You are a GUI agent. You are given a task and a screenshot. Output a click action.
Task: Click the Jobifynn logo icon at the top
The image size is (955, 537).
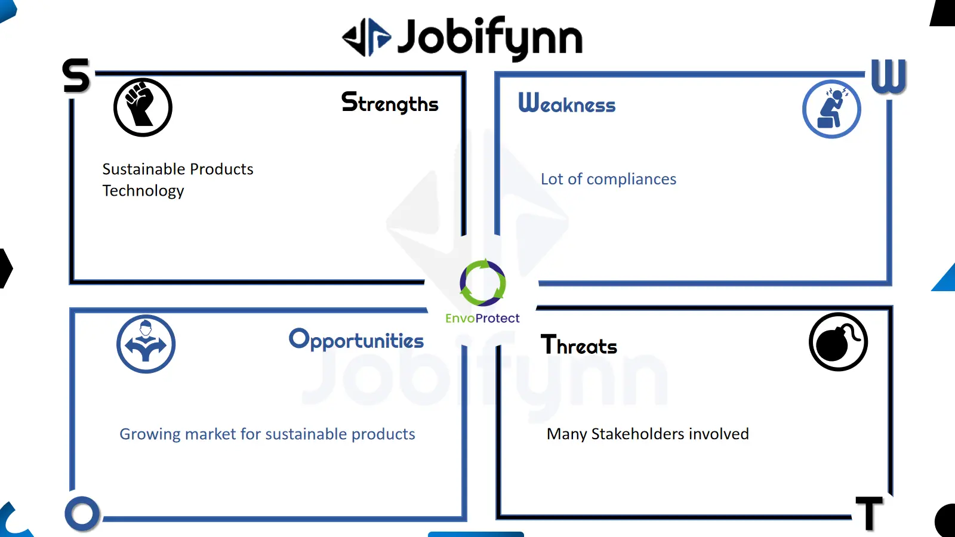(x=366, y=38)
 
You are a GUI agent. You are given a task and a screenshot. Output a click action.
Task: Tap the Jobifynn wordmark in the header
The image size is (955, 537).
(x=490, y=38)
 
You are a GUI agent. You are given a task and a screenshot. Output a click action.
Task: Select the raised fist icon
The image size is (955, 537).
(x=143, y=107)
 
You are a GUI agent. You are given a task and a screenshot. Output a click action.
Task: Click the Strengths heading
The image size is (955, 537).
(x=390, y=103)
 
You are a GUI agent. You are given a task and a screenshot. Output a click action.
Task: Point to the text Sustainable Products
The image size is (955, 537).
(x=178, y=169)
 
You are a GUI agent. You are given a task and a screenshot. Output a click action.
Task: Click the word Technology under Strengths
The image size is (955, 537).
(x=143, y=191)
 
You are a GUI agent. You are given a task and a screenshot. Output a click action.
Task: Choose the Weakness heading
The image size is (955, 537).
(x=566, y=103)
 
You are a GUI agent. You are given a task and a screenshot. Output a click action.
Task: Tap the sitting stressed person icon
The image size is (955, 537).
(x=831, y=109)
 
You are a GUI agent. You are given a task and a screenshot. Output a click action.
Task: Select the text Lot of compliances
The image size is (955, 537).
(x=608, y=179)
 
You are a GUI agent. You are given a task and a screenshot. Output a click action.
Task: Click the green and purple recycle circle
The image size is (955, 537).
(x=483, y=283)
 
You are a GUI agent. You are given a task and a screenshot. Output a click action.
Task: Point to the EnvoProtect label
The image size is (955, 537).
(x=482, y=319)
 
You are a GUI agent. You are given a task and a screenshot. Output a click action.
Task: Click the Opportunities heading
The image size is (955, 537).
(x=356, y=340)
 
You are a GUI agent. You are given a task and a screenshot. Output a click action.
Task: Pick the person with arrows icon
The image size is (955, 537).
(x=146, y=344)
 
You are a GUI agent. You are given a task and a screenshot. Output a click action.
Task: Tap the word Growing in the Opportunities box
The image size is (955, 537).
(x=150, y=434)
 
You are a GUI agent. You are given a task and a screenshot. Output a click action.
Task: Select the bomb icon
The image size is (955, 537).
(x=838, y=342)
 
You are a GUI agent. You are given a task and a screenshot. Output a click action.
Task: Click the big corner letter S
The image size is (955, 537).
(x=76, y=75)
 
